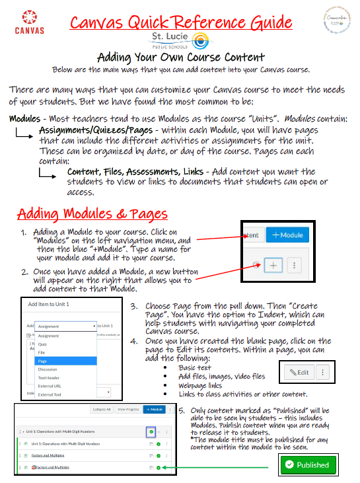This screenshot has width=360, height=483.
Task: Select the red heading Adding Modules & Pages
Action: pos(92,214)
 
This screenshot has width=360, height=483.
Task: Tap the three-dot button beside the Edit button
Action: pos(322,372)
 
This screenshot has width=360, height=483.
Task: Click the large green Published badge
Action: pos(307,464)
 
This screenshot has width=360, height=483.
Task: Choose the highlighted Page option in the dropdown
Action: pos(43,361)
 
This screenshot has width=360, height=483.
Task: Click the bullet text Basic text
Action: pos(195,367)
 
